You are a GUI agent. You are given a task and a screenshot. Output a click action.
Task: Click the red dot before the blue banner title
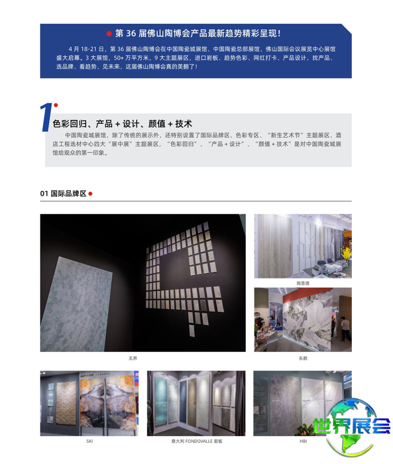tap(109, 33)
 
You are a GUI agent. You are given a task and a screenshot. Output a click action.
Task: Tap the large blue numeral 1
tap(46, 117)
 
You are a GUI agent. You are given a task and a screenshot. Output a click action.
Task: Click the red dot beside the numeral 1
tap(56, 105)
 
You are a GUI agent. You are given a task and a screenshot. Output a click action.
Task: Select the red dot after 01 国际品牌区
tap(90, 194)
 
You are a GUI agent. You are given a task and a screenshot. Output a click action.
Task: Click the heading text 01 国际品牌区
tap(63, 194)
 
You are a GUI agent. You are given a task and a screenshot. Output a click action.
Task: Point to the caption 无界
tap(133, 359)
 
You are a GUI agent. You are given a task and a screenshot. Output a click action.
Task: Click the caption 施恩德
tap(303, 283)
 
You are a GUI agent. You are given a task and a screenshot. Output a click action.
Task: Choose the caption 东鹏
tap(303, 359)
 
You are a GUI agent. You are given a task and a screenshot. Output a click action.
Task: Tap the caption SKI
tap(89, 441)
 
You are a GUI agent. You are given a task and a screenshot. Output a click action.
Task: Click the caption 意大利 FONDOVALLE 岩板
tap(197, 441)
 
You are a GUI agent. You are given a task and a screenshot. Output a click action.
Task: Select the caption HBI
tap(303, 441)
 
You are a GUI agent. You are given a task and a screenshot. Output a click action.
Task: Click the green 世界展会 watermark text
tap(352, 426)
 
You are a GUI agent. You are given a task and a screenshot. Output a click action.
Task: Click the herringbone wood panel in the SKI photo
tap(66, 403)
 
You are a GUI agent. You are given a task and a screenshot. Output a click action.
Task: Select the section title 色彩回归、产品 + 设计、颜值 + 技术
tap(122, 124)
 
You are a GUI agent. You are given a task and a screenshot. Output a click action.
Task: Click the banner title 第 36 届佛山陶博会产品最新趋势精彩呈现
tap(197, 33)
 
